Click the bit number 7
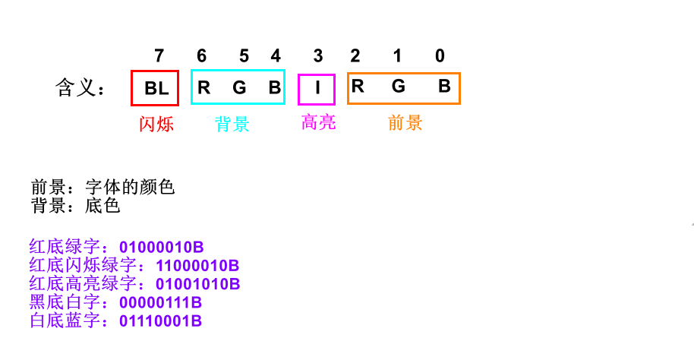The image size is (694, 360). coord(159,55)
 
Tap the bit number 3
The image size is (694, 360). coord(317,55)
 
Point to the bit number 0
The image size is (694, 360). coord(440,55)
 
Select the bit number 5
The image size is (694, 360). coord(244,55)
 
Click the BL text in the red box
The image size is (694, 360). coord(156,88)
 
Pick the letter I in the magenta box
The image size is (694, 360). coord(317,88)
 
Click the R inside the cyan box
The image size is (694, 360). coord(203,87)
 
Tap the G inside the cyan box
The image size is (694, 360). coord(239,87)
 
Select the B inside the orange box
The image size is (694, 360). coord(444,87)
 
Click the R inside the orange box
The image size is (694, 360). coord(358,87)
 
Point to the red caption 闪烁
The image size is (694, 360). coord(156,124)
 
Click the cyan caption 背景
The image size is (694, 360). coord(232,124)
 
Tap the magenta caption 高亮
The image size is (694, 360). coord(318,122)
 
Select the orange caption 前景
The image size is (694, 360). coord(405,123)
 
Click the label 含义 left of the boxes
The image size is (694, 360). coord(79,88)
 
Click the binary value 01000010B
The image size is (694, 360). coord(161,248)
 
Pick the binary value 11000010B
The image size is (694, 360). coord(197,266)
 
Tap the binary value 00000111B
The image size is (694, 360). coord(160,303)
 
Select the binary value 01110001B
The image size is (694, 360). coord(160,321)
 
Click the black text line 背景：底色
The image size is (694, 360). coord(75,205)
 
